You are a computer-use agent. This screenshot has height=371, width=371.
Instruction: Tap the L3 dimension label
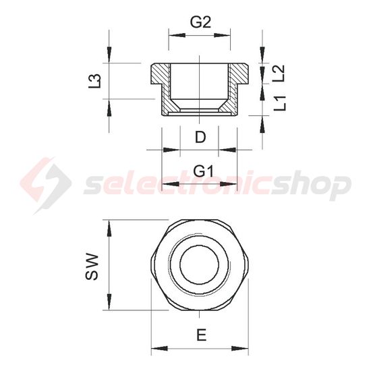point(96,81)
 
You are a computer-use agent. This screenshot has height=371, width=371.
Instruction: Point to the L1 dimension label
point(281,103)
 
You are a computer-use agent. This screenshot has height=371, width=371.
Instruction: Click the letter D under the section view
point(200,138)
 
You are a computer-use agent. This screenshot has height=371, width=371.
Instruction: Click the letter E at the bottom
point(201,334)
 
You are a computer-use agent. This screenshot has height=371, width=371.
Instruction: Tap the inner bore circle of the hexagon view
point(200,266)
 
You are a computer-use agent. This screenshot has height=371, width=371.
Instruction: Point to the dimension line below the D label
point(200,150)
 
